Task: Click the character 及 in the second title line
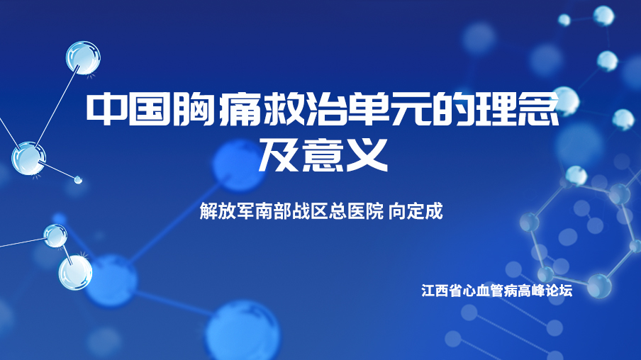pos(279,154)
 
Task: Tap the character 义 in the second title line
pos(367,154)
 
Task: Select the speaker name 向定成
pos(416,212)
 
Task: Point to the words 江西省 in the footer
pos(442,291)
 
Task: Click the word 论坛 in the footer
pos(559,291)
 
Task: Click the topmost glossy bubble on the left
pos(84,58)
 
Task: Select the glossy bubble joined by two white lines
pos(28,159)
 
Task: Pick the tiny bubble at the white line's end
pos(78,179)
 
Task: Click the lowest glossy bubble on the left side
pos(75,273)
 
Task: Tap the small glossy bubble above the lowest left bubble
pos(55,236)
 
